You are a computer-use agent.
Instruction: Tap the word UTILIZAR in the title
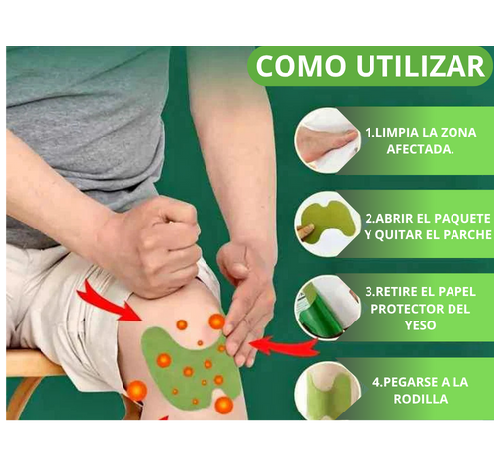pyautogui.click(x=420, y=66)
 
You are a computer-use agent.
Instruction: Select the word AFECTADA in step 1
pyautogui.click(x=420, y=149)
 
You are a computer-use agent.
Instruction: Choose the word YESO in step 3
pyautogui.click(x=420, y=325)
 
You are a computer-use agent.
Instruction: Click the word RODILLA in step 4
pyautogui.click(x=421, y=399)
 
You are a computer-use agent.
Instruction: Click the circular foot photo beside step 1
pyautogui.click(x=328, y=140)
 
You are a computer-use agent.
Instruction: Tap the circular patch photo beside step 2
pyautogui.click(x=328, y=225)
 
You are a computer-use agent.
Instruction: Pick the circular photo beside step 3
pyautogui.click(x=328, y=308)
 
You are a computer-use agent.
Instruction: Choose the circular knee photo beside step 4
pyautogui.click(x=328, y=391)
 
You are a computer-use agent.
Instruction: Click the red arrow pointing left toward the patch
pyautogui.click(x=284, y=346)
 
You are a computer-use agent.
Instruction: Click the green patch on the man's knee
pyautogui.click(x=188, y=366)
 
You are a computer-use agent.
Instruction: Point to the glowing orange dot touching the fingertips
pyautogui.click(x=217, y=321)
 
